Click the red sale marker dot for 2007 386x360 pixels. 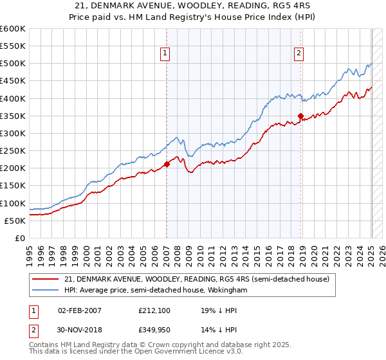[x=167, y=164]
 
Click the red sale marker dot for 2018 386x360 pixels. [x=300, y=116]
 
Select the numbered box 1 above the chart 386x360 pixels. [x=166, y=54]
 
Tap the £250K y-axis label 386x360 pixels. [x=13, y=151]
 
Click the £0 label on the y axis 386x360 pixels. [x=19, y=239]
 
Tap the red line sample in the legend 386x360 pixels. [x=46, y=279]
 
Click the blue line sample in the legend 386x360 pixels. [x=46, y=291]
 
